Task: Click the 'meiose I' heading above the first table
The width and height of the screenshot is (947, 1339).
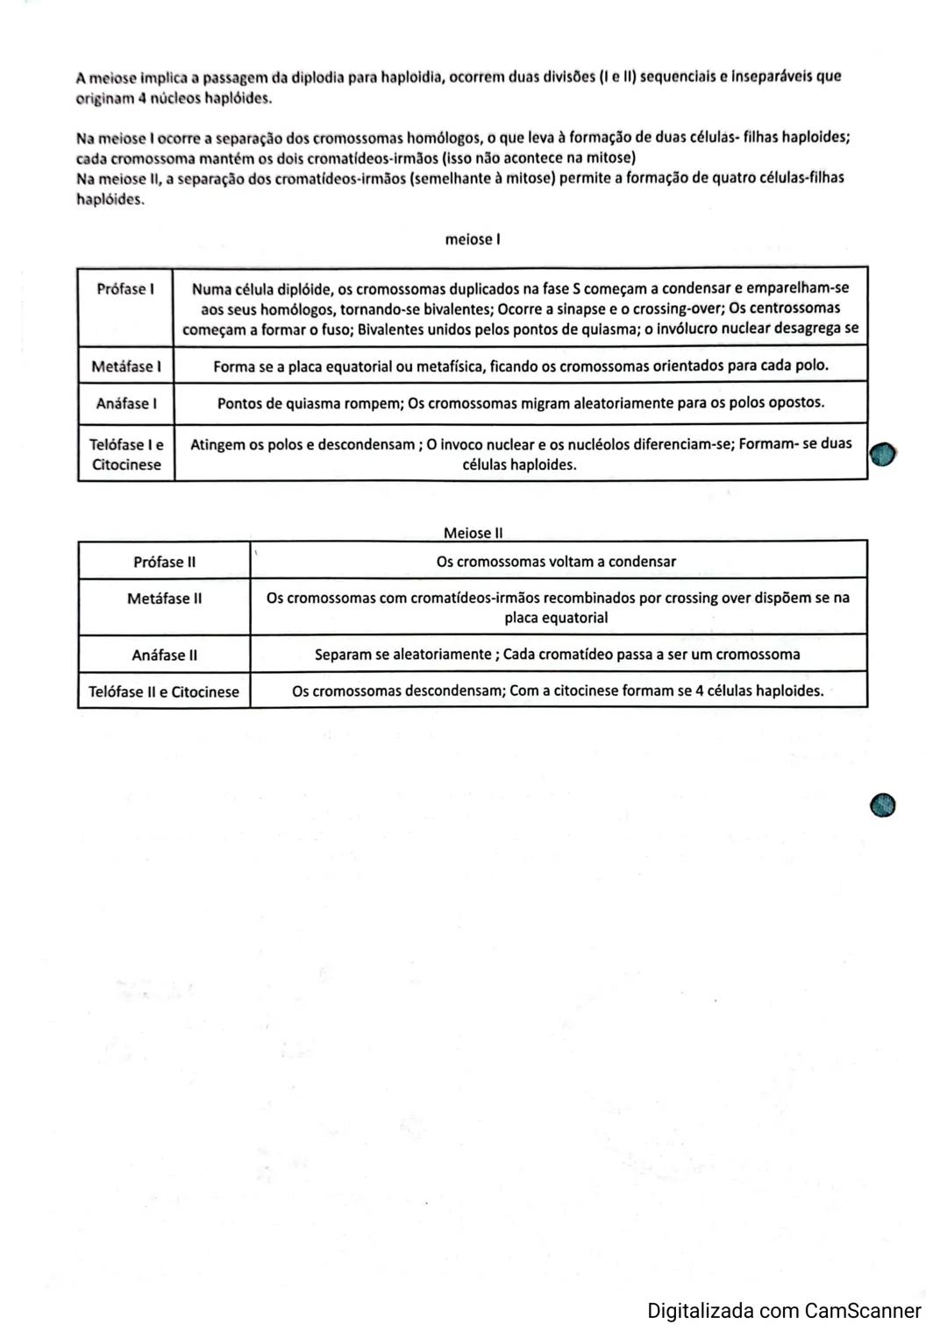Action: [x=473, y=239]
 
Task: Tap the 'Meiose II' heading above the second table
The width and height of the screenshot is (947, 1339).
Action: [x=473, y=533]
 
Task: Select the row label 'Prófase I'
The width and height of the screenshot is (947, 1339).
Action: [x=125, y=289]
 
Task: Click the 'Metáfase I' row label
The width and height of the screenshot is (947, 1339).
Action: [x=126, y=366]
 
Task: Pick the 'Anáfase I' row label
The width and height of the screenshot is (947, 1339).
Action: [x=126, y=404]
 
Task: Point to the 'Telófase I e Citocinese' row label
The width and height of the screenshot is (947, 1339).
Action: [x=126, y=454]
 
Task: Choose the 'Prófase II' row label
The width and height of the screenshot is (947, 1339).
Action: [x=164, y=562]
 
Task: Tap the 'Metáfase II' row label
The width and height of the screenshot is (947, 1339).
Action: [x=164, y=599]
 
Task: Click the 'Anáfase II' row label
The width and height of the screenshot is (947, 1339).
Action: [x=164, y=655]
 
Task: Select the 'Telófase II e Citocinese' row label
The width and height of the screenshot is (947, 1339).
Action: [x=164, y=691]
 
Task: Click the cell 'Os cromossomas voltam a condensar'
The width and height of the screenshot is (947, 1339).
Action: [x=556, y=562]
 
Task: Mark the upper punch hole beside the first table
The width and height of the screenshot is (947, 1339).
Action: [x=883, y=454]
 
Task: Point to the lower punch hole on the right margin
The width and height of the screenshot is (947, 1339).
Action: [x=883, y=804]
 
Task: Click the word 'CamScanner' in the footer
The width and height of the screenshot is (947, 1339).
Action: [x=863, y=1311]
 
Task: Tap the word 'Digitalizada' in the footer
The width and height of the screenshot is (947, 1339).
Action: [x=701, y=1311]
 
